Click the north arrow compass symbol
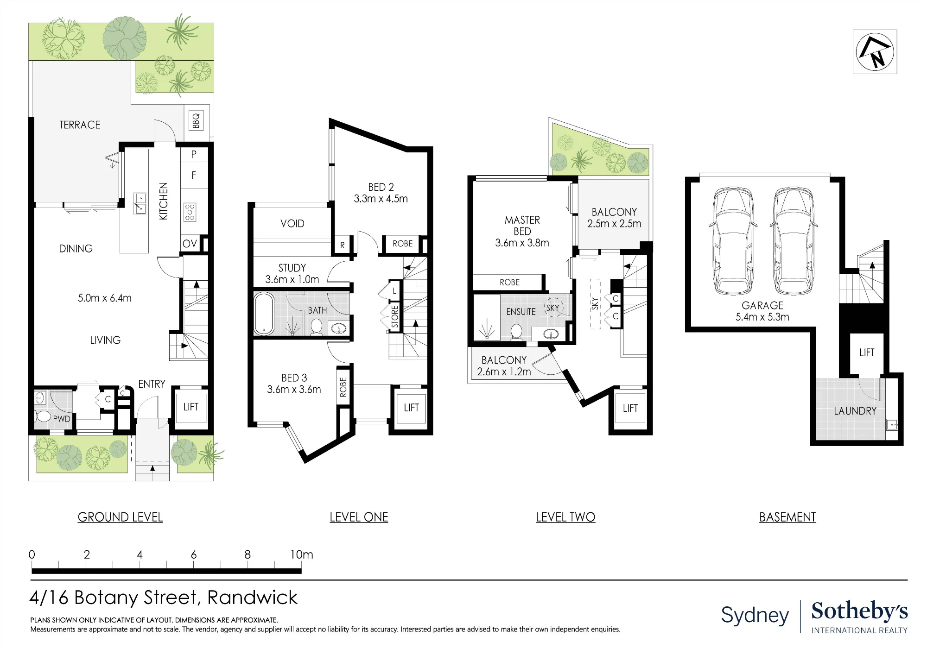point(875,52)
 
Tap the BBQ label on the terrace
point(196,120)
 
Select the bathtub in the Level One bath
point(264,313)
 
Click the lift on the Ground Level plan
point(190,407)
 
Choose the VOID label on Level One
point(292,224)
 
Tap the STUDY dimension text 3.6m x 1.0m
point(292,279)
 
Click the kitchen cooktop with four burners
point(190,212)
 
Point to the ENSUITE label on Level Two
point(521,312)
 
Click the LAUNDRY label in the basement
point(855,411)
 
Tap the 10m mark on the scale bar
point(302,554)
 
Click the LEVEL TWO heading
point(565,517)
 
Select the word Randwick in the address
point(252,598)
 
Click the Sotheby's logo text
point(859,611)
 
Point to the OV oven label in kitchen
point(190,244)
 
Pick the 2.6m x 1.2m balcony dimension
point(504,372)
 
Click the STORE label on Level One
point(395,316)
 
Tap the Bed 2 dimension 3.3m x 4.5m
point(381,199)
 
